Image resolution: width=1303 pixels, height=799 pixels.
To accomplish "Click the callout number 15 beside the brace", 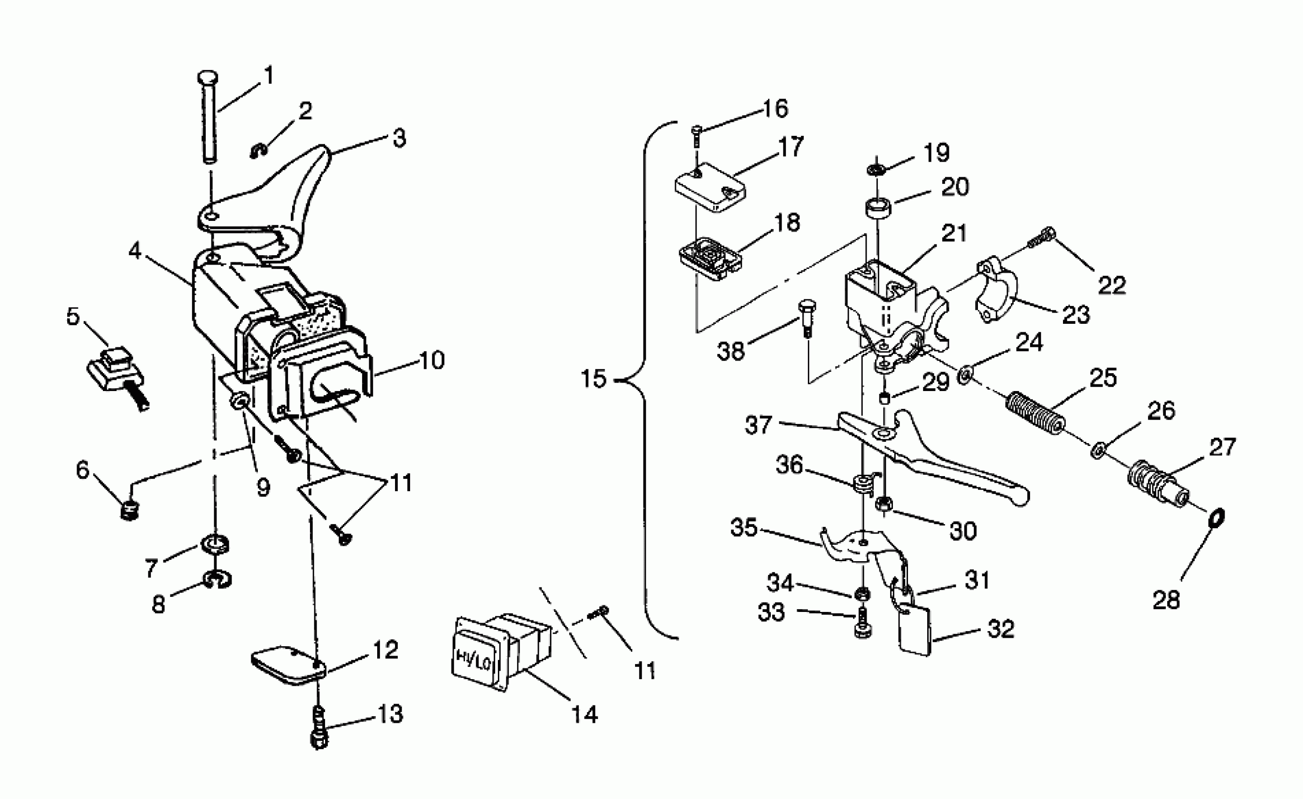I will click(x=593, y=379).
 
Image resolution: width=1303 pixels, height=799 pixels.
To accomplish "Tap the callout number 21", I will click(x=954, y=233).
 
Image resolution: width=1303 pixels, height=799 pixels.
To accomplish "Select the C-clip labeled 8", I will click(x=217, y=580).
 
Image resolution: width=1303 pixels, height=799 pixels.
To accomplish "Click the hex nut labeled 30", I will click(x=883, y=504).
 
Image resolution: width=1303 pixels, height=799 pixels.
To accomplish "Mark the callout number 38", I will click(x=730, y=351).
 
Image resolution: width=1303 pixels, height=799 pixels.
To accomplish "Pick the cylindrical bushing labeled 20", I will click(x=877, y=206).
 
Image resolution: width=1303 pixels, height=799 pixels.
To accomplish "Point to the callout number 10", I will click(x=432, y=361).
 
